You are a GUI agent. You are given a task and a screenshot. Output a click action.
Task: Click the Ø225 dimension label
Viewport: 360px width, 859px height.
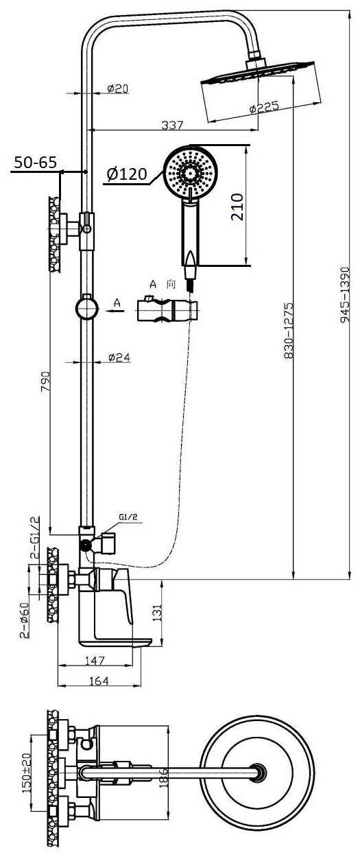click(x=264, y=106)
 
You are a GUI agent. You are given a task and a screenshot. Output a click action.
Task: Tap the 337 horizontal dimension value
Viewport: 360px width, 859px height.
click(x=172, y=125)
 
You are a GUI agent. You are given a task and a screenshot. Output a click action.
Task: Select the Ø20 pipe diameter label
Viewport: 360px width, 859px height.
click(x=118, y=89)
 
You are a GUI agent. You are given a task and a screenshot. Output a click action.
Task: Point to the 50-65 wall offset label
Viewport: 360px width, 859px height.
click(x=35, y=163)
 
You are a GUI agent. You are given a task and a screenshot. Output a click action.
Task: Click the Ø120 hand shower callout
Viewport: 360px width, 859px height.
click(x=127, y=174)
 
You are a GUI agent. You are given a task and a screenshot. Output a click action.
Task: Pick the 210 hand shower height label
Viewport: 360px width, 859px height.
click(x=237, y=207)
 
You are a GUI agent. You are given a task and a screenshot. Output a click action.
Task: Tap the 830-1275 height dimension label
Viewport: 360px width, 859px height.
click(x=288, y=331)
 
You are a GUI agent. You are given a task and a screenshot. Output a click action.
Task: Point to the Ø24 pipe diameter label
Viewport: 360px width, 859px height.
click(x=119, y=357)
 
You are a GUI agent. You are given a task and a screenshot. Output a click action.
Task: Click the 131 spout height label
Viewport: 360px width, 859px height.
click(x=158, y=613)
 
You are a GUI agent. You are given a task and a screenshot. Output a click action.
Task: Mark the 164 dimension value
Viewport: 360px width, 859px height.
click(x=99, y=681)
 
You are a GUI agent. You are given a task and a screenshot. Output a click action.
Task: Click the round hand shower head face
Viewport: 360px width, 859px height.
click(x=191, y=172)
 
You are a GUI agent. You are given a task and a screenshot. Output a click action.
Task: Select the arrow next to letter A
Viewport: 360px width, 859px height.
click(x=115, y=311)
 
